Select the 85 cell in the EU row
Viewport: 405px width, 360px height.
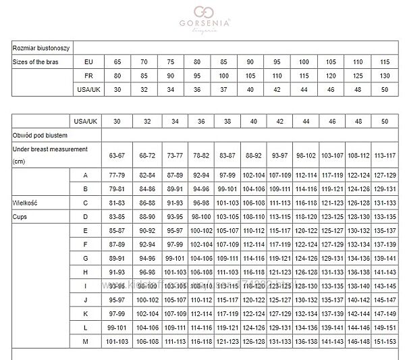click(x=223, y=61)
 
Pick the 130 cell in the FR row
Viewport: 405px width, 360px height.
click(x=385, y=76)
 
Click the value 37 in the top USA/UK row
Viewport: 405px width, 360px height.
click(x=223, y=89)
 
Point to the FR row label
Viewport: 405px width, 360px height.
click(x=88, y=76)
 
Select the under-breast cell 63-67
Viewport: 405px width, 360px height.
click(x=117, y=155)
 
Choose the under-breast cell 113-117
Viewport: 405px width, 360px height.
click(x=385, y=155)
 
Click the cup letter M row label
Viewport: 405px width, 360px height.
click(x=86, y=341)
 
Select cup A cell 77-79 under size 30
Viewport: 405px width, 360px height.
click(x=117, y=175)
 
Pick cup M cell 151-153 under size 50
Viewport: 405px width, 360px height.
click(x=385, y=341)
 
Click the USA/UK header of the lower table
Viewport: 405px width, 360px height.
click(x=86, y=120)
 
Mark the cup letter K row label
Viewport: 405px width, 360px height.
click(x=86, y=313)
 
